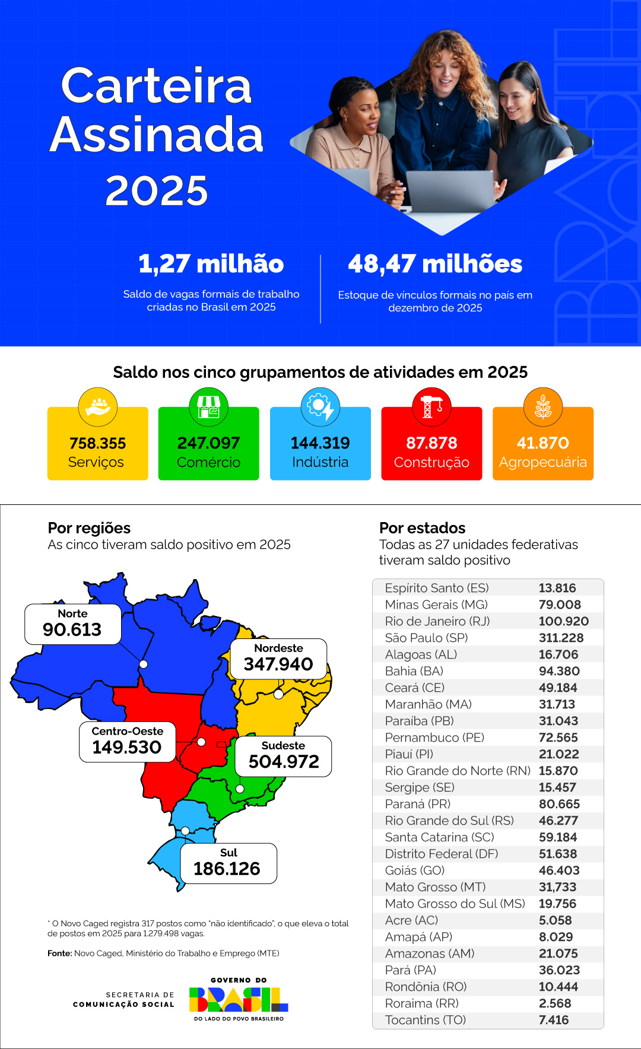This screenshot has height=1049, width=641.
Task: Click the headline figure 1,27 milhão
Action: tap(211, 264)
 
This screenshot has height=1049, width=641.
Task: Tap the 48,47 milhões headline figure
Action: tap(435, 264)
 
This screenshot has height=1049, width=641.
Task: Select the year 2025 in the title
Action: tap(157, 191)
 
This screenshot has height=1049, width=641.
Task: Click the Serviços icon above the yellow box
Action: tap(98, 407)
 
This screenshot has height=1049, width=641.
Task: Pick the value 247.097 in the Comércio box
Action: tap(208, 443)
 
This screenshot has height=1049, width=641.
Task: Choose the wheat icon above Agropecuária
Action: tap(542, 407)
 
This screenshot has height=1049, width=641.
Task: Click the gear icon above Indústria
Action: tap(320, 407)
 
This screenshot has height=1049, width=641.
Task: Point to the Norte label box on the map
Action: tap(72, 624)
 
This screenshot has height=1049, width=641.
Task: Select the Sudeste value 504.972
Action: tap(284, 762)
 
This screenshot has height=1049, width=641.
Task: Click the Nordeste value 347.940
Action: tap(278, 665)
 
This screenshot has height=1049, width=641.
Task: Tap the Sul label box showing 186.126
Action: tap(228, 863)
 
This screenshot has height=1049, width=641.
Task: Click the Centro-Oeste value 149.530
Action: tap(127, 748)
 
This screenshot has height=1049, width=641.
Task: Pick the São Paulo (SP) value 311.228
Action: tap(561, 638)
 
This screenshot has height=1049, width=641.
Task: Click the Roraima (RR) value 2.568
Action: tap(555, 1003)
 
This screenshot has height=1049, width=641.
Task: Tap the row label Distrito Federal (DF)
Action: tap(441, 854)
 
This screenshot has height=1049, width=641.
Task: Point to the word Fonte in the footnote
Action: tap(59, 953)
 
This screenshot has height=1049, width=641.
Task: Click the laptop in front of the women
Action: tap(450, 191)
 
